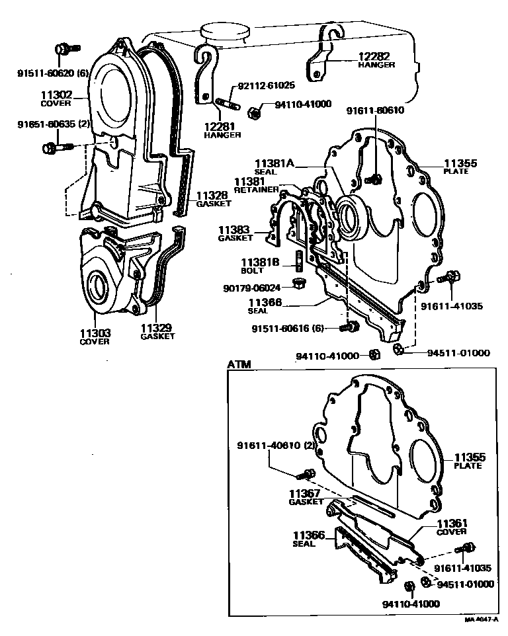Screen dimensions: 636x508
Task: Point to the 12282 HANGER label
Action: (x=376, y=60)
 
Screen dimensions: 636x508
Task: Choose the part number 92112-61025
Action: (x=266, y=85)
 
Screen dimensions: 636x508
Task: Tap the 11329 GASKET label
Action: (x=157, y=331)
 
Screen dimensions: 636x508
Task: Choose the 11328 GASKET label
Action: (x=212, y=199)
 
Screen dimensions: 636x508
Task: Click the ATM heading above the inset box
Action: (x=239, y=364)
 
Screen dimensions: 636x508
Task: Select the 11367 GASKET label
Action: (x=304, y=497)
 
